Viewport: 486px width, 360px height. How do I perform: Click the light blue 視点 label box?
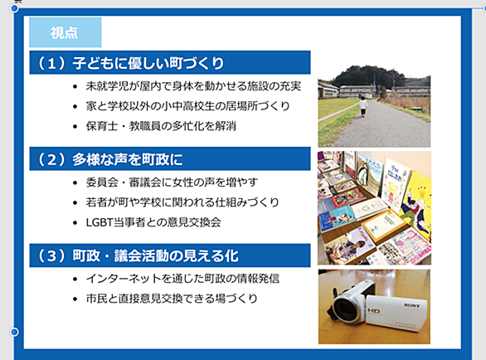coord(65,32)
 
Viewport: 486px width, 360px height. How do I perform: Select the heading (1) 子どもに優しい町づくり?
coord(170,63)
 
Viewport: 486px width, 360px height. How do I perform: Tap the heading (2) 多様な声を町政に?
coord(170,158)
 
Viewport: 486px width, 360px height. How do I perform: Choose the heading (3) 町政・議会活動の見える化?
coord(170,255)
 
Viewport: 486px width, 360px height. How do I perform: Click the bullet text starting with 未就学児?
coord(193,86)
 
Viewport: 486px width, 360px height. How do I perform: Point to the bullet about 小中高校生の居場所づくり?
coord(187,106)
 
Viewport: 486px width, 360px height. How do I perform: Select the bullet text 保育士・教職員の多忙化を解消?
coord(161,126)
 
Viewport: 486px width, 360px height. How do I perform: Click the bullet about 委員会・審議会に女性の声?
coord(172,182)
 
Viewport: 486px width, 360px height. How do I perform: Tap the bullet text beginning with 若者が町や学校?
coord(182,202)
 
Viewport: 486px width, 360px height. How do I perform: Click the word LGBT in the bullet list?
coord(100,222)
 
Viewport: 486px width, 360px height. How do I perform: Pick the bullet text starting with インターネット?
coord(182,279)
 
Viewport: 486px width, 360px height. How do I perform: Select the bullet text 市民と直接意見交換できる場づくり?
coord(172,299)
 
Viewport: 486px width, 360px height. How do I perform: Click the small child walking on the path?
coord(363,106)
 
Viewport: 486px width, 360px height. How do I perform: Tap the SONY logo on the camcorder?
coord(412,305)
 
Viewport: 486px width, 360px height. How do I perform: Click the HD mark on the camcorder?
coord(374,311)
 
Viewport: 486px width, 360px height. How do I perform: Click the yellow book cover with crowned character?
coord(416,205)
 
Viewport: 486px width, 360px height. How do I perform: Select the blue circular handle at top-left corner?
coord(14,8)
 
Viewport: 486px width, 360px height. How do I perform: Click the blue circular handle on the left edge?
coord(14,332)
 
